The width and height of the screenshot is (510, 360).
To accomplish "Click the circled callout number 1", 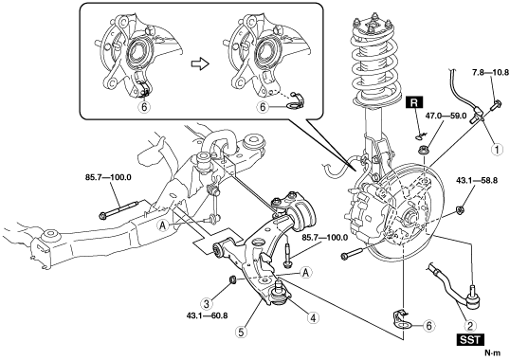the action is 497,150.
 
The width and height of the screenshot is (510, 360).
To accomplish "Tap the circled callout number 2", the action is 470,326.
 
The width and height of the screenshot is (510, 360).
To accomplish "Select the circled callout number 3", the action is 207,304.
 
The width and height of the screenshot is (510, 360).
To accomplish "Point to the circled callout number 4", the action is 313,317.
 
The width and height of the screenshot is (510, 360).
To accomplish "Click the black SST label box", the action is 470,340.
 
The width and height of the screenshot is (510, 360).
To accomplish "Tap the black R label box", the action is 414,102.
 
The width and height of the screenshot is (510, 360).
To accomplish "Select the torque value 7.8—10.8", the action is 490,73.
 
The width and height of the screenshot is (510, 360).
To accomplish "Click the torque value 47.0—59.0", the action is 446,116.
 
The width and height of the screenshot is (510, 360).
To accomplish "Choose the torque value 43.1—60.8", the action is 208,315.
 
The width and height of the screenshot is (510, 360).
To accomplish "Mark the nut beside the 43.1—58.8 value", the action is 460,209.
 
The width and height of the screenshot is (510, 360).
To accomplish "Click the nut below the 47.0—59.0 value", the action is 423,150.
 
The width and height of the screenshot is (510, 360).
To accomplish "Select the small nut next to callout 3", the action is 232,279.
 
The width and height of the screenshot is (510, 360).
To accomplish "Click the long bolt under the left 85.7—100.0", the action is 118,209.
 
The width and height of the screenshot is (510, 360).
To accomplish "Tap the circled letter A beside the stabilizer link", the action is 164,225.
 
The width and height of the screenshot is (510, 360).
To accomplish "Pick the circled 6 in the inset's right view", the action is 263,107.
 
